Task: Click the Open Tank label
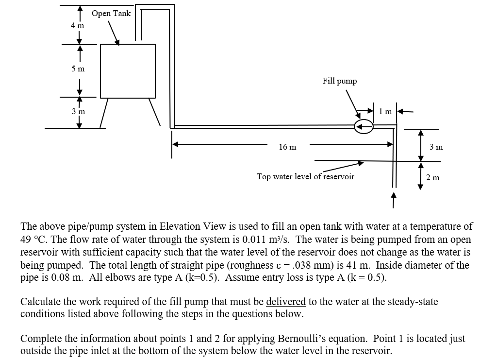111,14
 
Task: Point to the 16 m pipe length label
288,147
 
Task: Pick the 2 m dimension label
432,177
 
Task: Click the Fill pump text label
339,81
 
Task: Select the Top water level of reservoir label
305,176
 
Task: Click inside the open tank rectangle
128,71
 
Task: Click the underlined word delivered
286,302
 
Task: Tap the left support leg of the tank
104,112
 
